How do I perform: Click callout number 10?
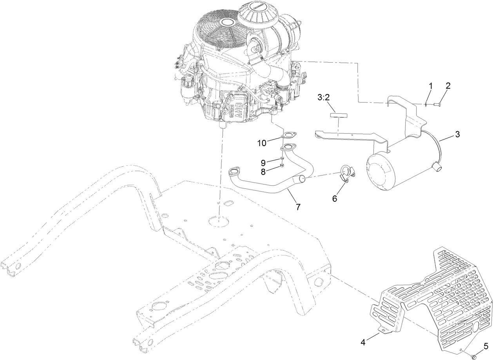[262, 143]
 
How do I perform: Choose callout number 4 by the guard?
[363, 342]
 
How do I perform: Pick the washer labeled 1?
[426, 104]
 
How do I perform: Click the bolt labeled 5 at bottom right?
[473, 356]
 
